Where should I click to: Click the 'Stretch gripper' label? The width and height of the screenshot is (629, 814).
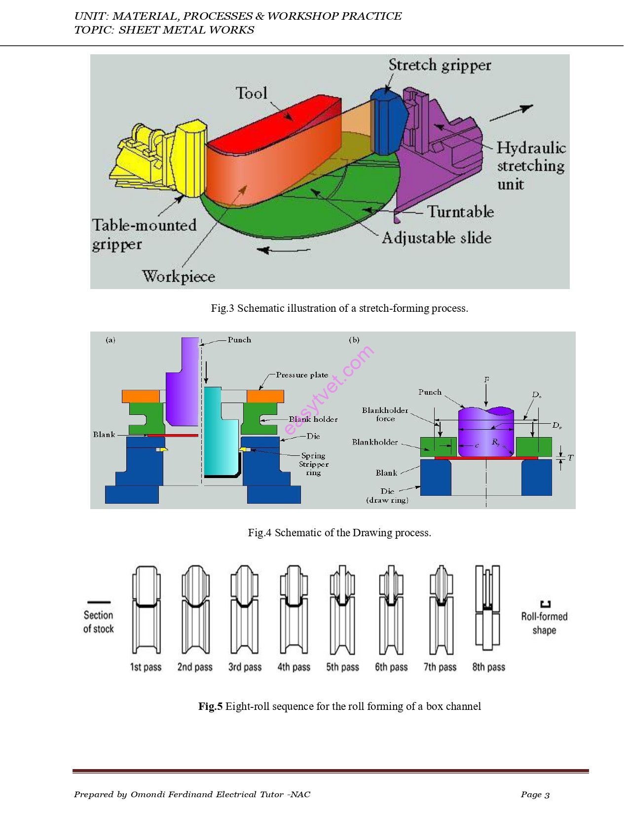440,65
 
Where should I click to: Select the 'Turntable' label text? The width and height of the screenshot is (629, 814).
460,212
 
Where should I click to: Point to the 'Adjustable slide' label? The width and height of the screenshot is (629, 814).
437,238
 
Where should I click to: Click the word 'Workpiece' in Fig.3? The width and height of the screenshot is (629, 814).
179,276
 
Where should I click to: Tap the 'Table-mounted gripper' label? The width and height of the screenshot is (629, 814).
144,234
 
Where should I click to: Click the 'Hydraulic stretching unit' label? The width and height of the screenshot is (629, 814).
530,166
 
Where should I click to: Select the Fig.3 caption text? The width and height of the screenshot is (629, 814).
339,308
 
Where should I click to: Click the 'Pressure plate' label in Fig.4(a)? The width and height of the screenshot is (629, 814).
302,375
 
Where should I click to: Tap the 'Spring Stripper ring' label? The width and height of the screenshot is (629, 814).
313,464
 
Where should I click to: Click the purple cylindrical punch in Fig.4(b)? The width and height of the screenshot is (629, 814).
486,432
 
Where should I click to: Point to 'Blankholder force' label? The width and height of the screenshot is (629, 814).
385,414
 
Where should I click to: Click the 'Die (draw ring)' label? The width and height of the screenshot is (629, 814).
387,495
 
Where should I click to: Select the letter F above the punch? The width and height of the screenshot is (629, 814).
486,380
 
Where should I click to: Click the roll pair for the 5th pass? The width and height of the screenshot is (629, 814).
342,610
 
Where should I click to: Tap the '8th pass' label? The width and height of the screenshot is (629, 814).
488,667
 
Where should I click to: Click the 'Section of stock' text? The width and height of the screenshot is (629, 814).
98,622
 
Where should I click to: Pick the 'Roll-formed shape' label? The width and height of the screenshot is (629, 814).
544,623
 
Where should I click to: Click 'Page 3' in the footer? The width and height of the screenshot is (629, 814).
535,794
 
